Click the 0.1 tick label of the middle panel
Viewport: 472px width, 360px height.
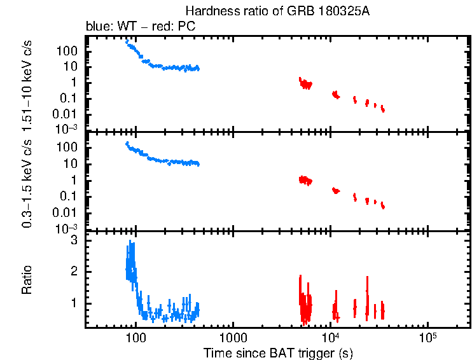pos(70,197)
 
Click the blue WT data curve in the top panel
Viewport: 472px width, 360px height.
pos(165,67)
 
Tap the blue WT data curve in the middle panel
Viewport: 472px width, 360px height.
pos(165,161)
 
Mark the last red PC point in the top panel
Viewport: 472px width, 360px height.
pos(383,109)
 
